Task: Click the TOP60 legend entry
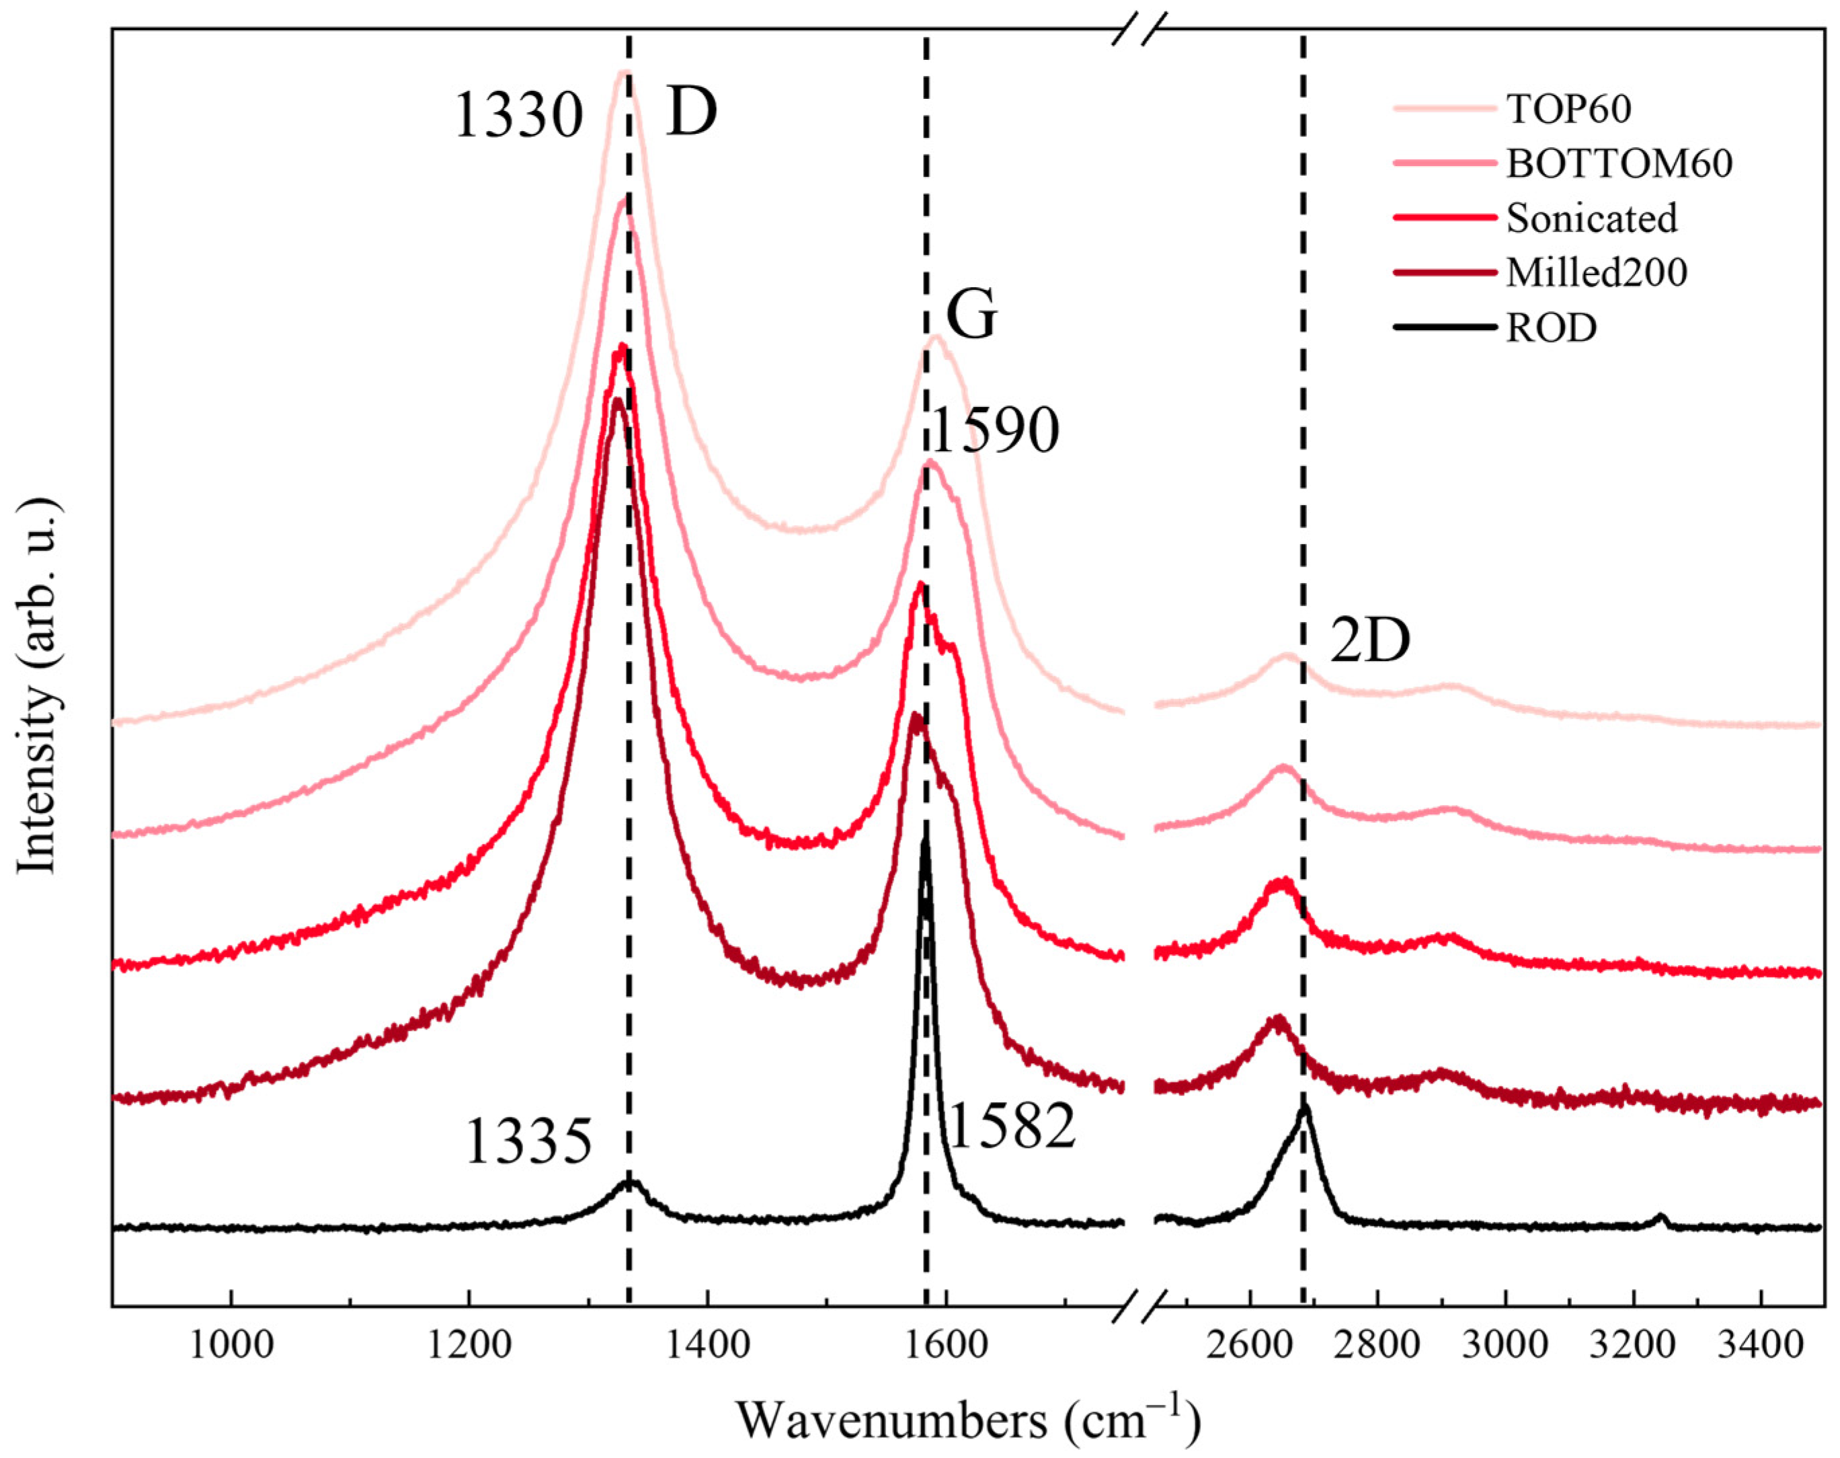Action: click(x=1568, y=108)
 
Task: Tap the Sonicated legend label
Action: click(x=1591, y=218)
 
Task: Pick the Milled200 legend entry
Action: click(x=1596, y=272)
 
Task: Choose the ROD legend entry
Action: click(x=1551, y=327)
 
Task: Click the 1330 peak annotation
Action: click(x=519, y=115)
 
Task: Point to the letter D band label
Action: click(x=691, y=113)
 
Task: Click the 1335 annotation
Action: click(x=528, y=1142)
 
